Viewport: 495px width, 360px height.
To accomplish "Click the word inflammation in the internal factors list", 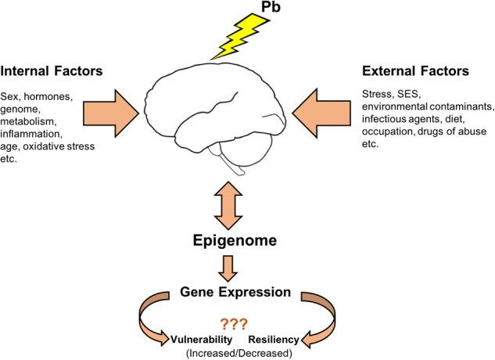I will pos(33,131).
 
